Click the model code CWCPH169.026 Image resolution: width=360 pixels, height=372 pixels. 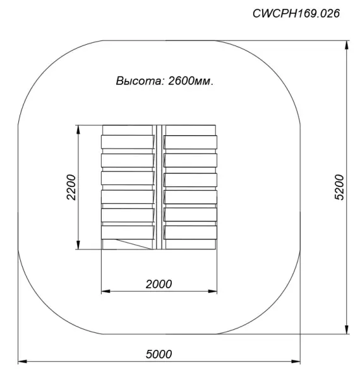296,13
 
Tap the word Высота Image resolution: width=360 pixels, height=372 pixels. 139,81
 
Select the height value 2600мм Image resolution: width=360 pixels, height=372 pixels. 191,81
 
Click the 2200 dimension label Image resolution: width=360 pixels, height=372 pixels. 71,187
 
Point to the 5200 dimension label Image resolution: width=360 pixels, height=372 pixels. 339,187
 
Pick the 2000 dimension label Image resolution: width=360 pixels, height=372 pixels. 159,284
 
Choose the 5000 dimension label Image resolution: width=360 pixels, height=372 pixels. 159,354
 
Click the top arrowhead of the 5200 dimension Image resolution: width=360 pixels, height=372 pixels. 347,45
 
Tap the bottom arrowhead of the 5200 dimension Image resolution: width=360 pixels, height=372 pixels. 347,329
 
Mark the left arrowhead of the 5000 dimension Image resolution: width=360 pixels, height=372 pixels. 23,361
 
